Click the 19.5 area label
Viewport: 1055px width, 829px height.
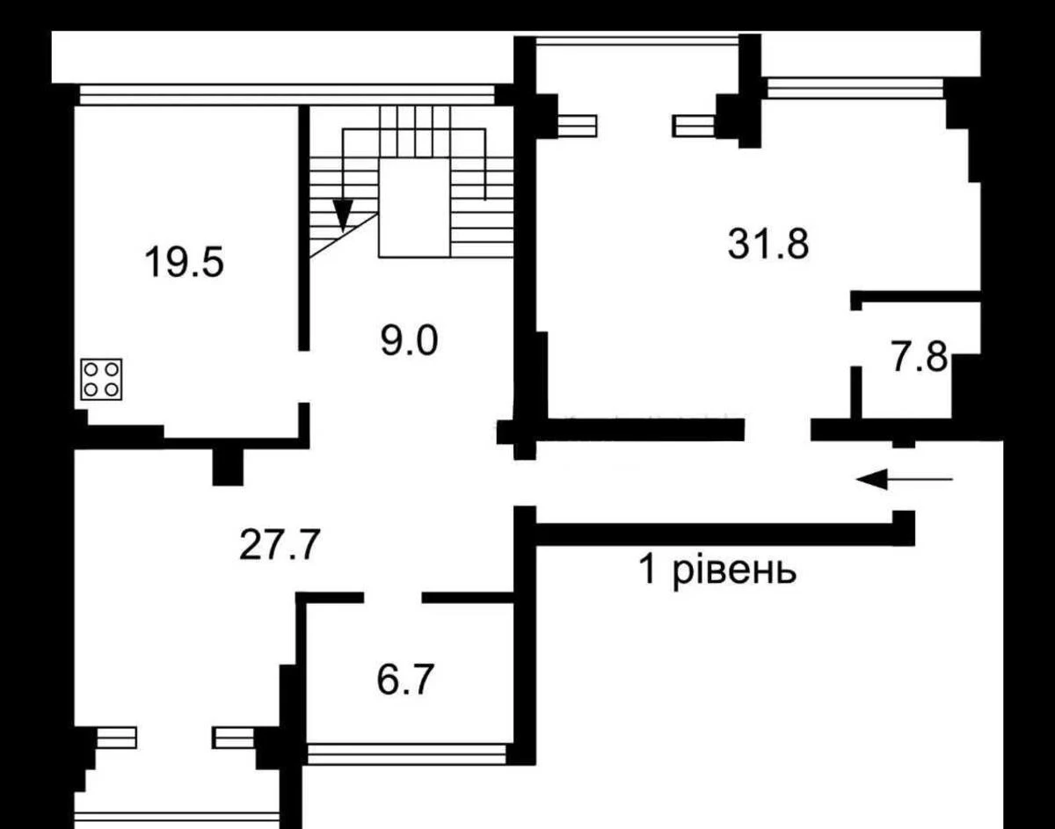pyautogui.click(x=184, y=262)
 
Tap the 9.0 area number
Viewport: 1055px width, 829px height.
pyautogui.click(x=409, y=341)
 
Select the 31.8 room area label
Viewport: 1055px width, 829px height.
pyautogui.click(x=768, y=244)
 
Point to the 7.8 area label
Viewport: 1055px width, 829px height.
pyautogui.click(x=920, y=357)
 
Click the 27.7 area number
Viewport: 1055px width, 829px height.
pyautogui.click(x=280, y=544)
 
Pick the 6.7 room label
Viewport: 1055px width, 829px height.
pyautogui.click(x=405, y=680)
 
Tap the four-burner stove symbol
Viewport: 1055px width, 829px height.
pyautogui.click(x=101, y=380)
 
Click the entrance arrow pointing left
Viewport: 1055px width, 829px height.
pyautogui.click(x=905, y=479)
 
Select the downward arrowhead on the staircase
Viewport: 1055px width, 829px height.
pyautogui.click(x=343, y=214)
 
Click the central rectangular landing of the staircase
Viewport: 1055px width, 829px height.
pyautogui.click(x=415, y=207)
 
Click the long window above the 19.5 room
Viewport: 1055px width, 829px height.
pyautogui.click(x=287, y=95)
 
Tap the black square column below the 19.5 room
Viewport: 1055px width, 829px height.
pyautogui.click(x=228, y=467)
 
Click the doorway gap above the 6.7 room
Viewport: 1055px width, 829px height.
pyautogui.click(x=393, y=598)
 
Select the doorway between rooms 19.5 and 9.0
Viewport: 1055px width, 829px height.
pyautogui.click(x=304, y=376)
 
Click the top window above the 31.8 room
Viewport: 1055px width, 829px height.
pyautogui.click(x=637, y=41)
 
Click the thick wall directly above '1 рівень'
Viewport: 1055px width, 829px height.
pyautogui.click(x=715, y=534)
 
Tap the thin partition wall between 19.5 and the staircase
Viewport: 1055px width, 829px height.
pyautogui.click(x=304, y=228)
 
